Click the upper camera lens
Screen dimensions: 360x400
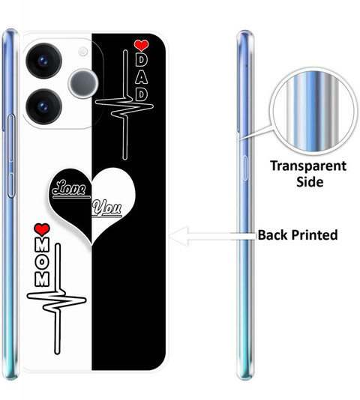[43, 61]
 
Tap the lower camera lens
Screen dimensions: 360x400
[43, 106]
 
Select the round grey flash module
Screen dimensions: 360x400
[83, 83]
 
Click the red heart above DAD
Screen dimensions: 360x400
[141, 46]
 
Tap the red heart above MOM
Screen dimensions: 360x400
[42, 229]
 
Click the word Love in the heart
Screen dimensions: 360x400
[69, 188]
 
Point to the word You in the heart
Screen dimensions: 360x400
[106, 207]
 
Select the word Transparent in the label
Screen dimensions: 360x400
[308, 166]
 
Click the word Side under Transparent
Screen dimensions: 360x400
[310, 182]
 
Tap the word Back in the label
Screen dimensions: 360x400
[273, 234]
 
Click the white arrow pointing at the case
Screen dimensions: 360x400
[213, 236]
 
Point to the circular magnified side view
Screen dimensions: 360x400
[313, 112]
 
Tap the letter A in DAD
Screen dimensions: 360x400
[141, 77]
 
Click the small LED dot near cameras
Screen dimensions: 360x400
[82, 52]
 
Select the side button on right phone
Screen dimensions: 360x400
[244, 168]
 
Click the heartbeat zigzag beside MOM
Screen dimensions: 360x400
[58, 299]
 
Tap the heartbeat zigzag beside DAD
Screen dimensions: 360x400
[125, 105]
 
